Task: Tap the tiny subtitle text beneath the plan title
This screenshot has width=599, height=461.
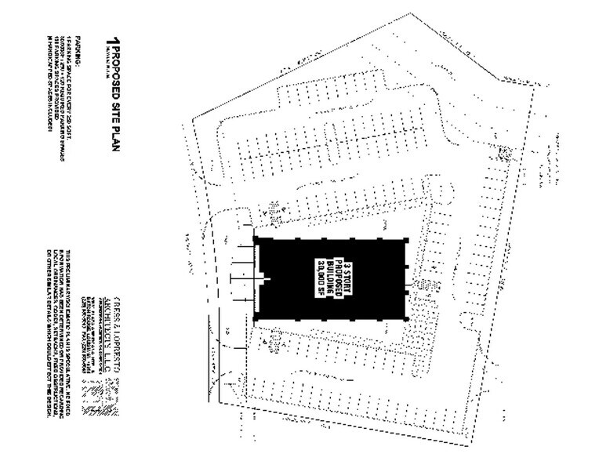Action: pos(100,58)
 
